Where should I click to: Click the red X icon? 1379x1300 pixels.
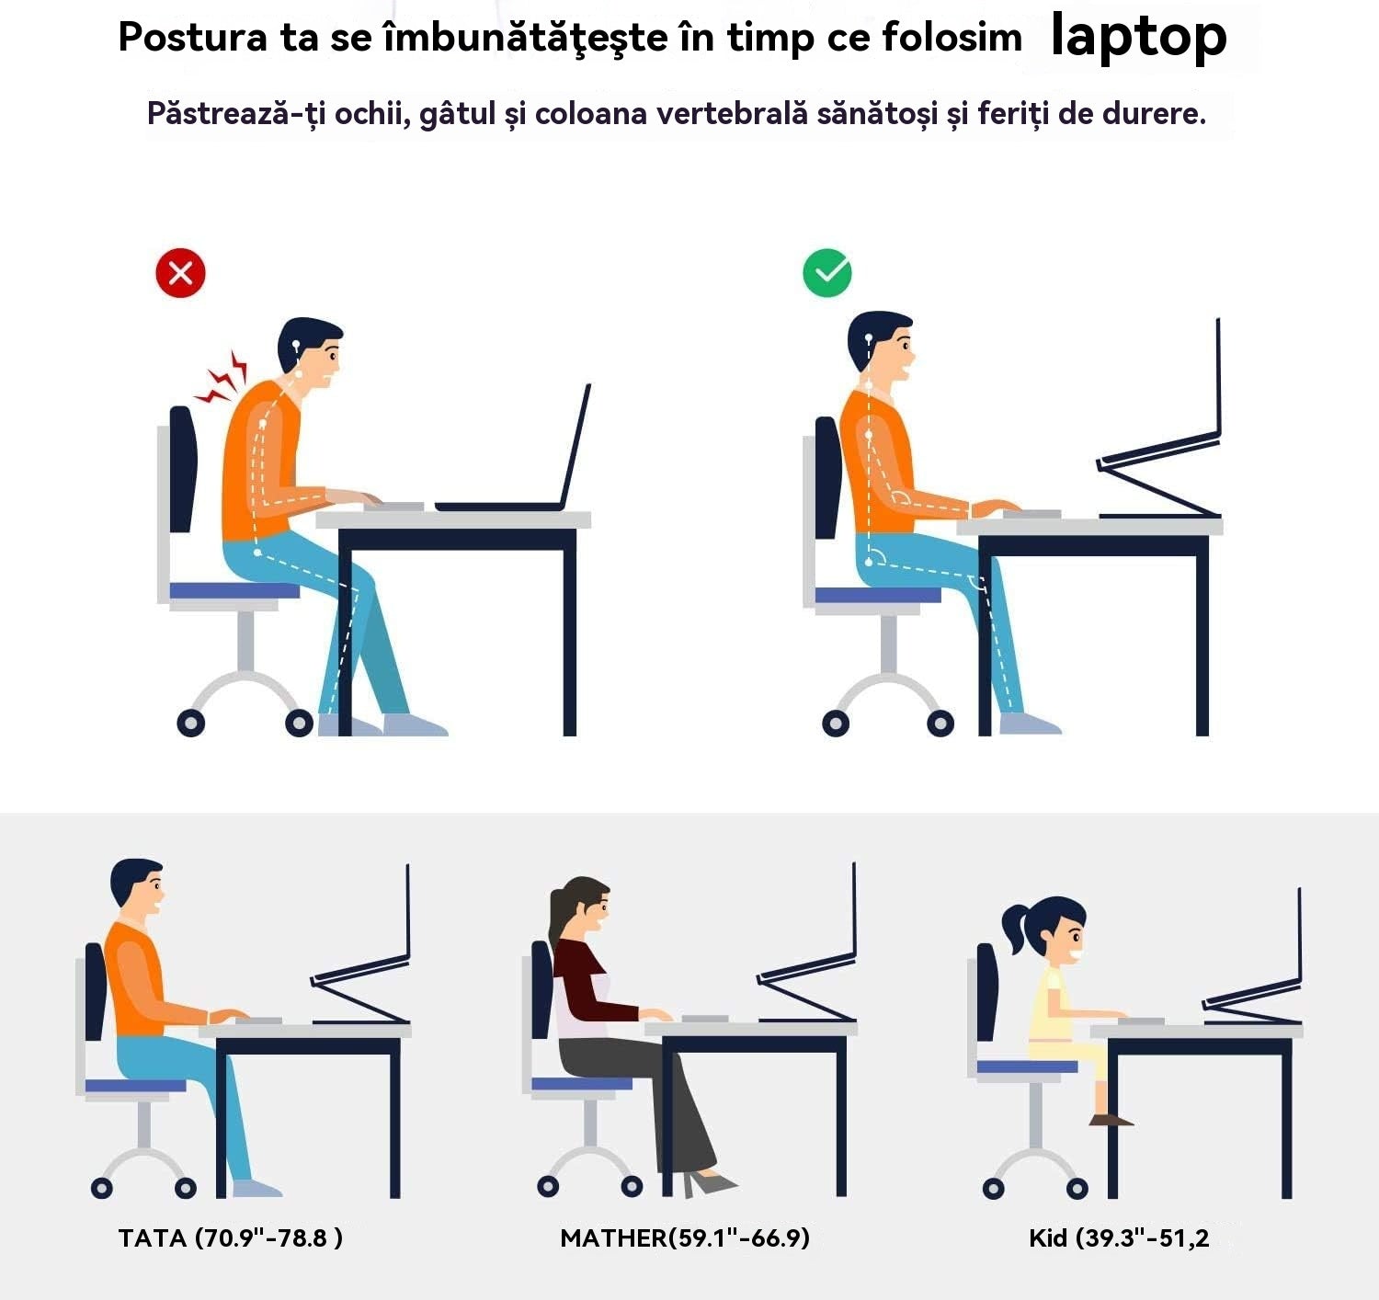pos(180,273)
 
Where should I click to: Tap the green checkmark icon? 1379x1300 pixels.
pos(827,273)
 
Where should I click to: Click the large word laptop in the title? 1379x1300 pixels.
pos(1139,36)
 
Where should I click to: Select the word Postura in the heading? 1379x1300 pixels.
pos(192,37)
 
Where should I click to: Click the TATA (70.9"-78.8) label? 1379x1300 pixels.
pos(231,1238)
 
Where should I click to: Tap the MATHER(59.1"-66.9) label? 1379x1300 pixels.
pos(685,1238)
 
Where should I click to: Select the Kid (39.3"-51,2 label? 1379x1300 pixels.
pos(1120,1238)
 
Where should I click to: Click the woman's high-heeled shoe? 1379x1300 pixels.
pos(708,1183)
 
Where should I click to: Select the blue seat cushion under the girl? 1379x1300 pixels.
pos(1027,1066)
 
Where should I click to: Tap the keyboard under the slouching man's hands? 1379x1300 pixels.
pos(393,507)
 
